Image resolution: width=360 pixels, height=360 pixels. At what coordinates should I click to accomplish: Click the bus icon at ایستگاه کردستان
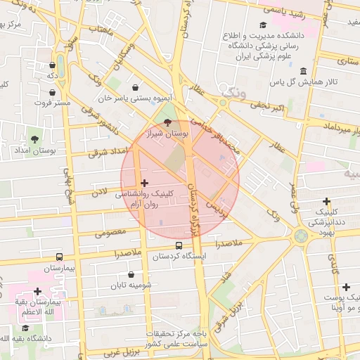point(179,246)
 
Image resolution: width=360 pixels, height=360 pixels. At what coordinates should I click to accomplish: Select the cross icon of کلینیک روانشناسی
point(145,183)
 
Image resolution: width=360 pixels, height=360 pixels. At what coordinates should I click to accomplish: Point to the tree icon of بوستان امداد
point(35,139)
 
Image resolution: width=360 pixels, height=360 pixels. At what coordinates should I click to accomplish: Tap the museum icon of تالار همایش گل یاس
point(302,72)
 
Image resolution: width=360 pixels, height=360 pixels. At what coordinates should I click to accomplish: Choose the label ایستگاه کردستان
point(179,257)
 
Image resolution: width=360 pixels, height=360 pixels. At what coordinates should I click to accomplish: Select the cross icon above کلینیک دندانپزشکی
point(326,201)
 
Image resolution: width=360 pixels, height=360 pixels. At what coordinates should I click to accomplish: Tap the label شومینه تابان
point(131,285)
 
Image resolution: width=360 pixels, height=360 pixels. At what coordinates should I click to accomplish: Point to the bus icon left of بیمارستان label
point(58,257)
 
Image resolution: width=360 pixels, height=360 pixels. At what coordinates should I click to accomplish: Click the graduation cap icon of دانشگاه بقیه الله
point(25,328)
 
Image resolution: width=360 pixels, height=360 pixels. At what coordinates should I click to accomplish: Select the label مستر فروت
point(54,103)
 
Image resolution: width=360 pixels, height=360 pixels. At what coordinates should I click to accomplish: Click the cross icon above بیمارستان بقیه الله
point(38,291)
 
